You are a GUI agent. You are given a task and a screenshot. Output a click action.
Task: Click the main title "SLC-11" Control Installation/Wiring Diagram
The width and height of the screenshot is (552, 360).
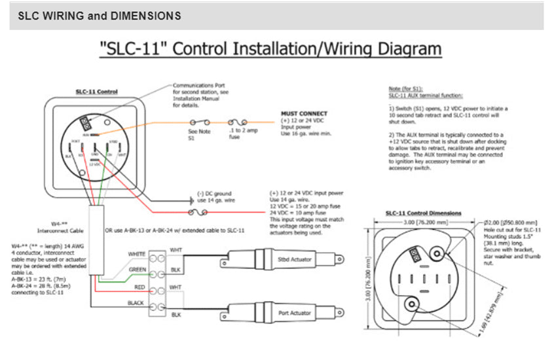tap(270, 49)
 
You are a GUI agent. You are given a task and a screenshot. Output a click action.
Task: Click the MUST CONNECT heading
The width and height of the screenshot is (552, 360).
tap(304, 113)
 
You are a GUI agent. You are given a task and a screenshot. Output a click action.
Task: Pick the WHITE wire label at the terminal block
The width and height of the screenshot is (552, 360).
tap(136, 254)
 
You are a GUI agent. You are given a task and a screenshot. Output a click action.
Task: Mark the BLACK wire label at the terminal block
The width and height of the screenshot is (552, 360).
tap(136, 303)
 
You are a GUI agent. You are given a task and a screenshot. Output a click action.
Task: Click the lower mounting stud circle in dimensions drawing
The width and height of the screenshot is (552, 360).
tap(412, 304)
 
